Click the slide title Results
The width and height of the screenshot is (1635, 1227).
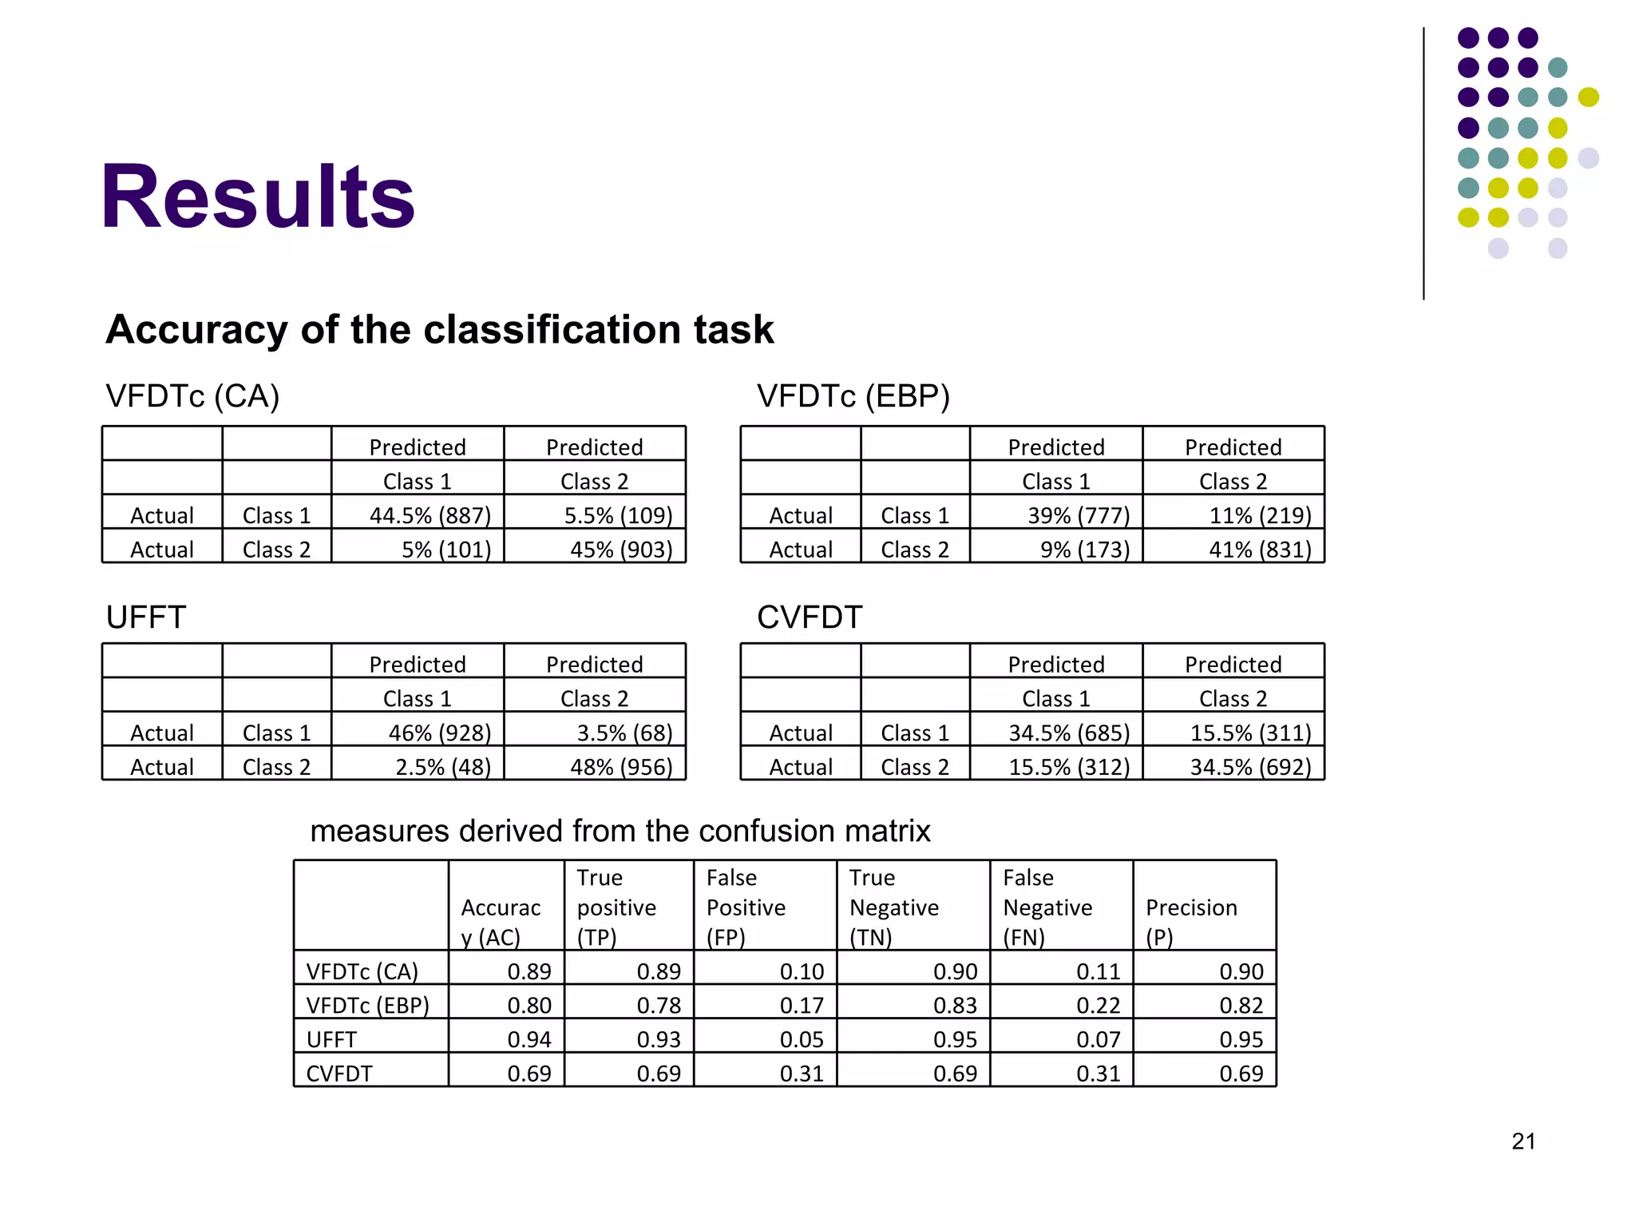[x=257, y=197]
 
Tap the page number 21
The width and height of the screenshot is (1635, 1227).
[x=1523, y=1141]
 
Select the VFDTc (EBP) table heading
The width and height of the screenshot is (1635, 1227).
[x=853, y=396]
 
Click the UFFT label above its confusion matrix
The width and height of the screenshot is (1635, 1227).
[x=146, y=617]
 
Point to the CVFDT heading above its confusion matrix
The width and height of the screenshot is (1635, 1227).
[x=810, y=617]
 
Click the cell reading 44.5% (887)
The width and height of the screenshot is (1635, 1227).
[x=430, y=515]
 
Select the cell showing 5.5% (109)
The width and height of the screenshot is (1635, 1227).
[x=618, y=515]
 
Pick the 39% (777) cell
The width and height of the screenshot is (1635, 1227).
[x=1078, y=515]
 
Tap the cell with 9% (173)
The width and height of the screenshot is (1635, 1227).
[x=1084, y=550]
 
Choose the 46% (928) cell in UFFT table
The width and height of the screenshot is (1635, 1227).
[x=439, y=733]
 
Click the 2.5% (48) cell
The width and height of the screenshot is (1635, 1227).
[x=442, y=767]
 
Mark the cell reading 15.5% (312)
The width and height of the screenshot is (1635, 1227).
[x=1068, y=767]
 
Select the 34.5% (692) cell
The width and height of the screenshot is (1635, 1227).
[x=1250, y=767]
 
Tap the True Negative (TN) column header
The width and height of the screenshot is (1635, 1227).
[x=893, y=907]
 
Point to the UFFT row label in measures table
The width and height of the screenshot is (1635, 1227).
[x=331, y=1039]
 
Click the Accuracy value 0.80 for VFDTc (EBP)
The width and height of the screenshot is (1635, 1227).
[x=529, y=1005]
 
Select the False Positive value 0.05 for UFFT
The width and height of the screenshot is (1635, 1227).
[x=801, y=1039]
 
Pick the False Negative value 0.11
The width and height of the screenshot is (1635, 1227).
[x=1098, y=971]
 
